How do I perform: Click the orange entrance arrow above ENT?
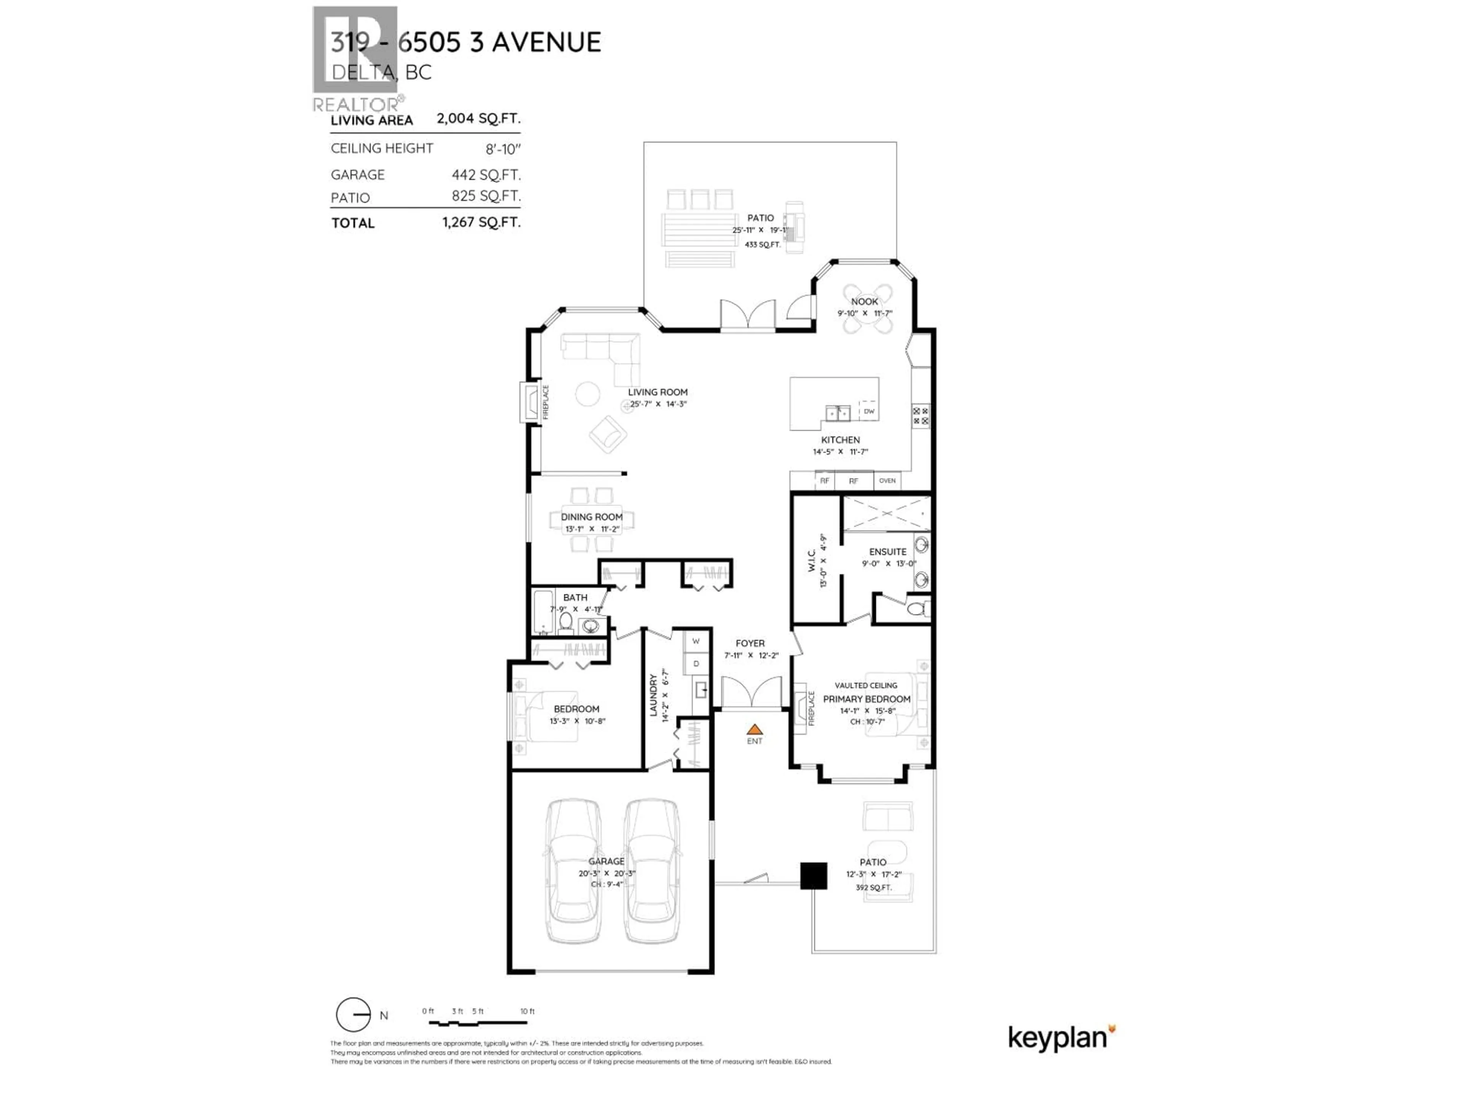pos(754,729)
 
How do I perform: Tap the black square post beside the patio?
pos(813,876)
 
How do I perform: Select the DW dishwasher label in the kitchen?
pos(869,411)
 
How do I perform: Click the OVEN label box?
pos(887,481)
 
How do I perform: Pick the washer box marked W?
pos(696,641)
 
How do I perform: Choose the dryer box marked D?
pos(696,663)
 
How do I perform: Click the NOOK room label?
pos(864,302)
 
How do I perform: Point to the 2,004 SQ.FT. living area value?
pos(478,119)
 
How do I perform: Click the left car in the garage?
pos(573,871)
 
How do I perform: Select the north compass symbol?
pos(354,1014)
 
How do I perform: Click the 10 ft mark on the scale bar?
pos(527,1011)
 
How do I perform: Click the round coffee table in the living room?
pos(587,394)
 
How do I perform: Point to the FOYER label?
pos(750,643)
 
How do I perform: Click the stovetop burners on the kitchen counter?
pos(920,416)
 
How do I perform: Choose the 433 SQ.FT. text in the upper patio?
pos(762,244)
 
